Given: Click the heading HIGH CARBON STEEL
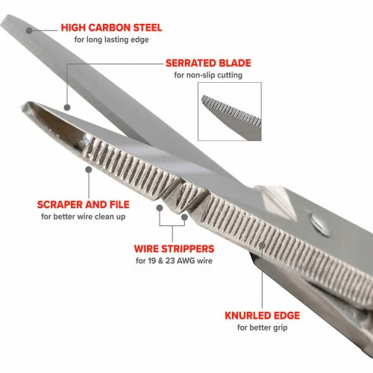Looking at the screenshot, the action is point(111,28).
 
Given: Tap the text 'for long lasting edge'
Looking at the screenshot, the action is point(111,40).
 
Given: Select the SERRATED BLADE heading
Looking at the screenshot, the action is point(208,63).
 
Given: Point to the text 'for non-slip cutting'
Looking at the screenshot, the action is point(208,75).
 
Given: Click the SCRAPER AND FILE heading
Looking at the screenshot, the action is point(84,204).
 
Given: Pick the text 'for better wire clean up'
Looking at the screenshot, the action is point(84,216).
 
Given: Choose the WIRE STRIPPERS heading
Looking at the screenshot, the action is point(174,249).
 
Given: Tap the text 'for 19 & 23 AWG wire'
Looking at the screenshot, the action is point(174,261).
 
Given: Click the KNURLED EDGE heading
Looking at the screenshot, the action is point(263,316).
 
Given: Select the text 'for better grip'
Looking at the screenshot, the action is point(263,327).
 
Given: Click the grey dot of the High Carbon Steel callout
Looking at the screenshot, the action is point(29,31).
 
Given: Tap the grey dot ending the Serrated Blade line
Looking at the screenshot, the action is point(67,107).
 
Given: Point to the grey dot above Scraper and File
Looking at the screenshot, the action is point(89,169).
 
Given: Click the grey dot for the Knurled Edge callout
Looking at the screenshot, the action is point(262,245).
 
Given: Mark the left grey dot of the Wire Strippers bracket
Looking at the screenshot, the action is point(160,208).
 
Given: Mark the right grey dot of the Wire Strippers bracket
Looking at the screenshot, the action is point(184,217).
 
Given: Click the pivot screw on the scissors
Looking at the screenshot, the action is point(320,223).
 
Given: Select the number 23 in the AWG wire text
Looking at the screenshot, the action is point(170,261).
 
